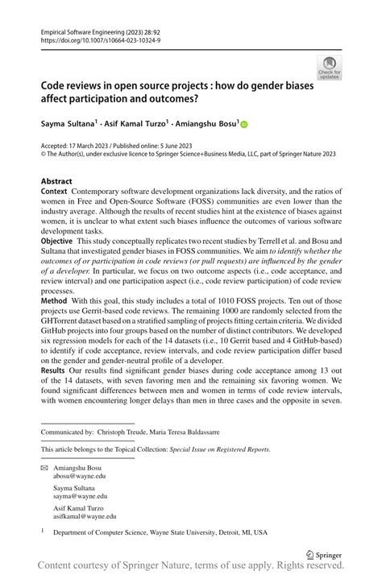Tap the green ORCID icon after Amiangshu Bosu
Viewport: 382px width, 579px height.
(245, 125)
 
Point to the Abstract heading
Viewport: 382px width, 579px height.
(56, 182)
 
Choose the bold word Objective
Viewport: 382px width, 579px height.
(59, 241)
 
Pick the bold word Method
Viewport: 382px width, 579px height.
(55, 299)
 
